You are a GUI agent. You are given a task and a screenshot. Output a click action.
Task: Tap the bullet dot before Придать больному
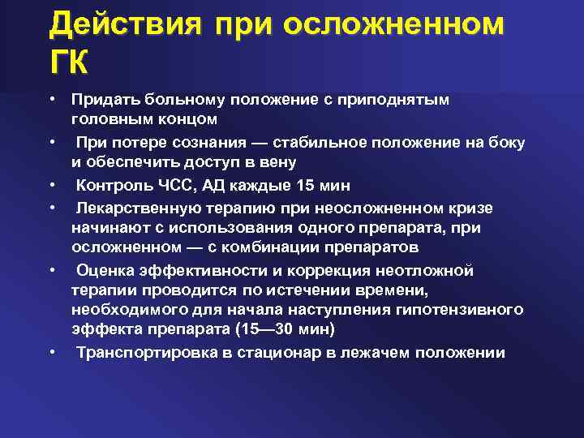pos(51,99)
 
